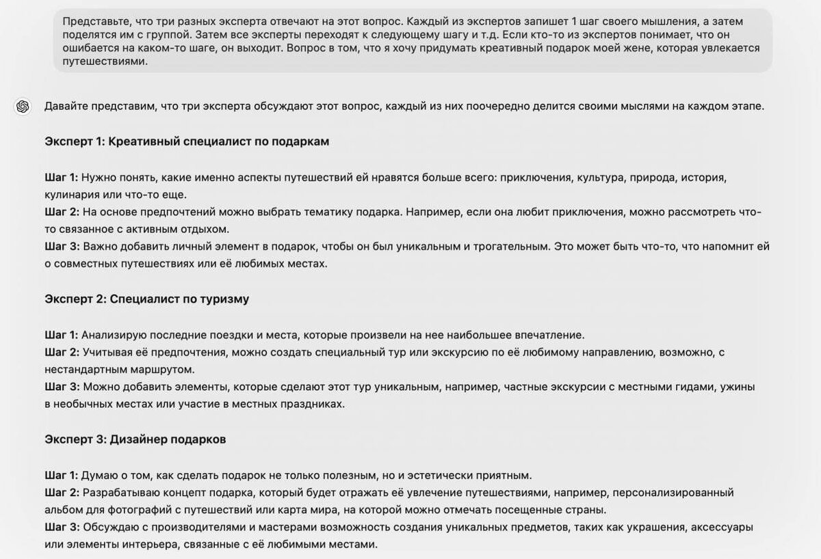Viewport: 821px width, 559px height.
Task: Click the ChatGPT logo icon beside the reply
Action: click(22, 107)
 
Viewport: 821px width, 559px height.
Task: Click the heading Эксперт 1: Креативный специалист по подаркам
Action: click(187, 141)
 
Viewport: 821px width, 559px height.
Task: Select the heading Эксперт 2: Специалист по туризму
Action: click(146, 299)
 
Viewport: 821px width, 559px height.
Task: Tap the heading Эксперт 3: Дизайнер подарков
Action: click(135, 439)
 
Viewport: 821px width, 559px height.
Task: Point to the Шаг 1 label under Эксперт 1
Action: click(61, 177)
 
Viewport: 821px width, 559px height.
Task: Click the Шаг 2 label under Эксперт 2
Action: click(61, 352)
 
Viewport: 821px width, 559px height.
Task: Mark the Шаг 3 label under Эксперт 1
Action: click(61, 246)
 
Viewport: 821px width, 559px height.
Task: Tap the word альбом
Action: click(64, 510)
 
